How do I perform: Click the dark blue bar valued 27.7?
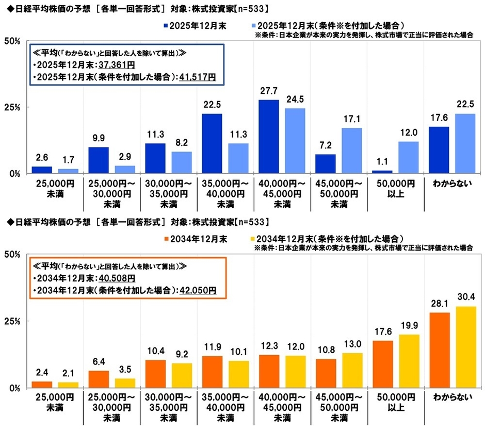pyautogui.click(x=269, y=137)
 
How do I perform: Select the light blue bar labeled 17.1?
pyautogui.click(x=351, y=150)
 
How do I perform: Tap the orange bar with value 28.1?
pyautogui.click(x=440, y=350)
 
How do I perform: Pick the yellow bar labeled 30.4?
pyautogui.click(x=465, y=347)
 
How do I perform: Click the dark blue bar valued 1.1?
pyautogui.click(x=382, y=172)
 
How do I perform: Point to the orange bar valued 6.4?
pyautogui.click(x=99, y=379)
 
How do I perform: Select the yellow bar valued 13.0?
pyautogui.click(x=351, y=370)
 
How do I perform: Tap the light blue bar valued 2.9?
pyautogui.click(x=124, y=169)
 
